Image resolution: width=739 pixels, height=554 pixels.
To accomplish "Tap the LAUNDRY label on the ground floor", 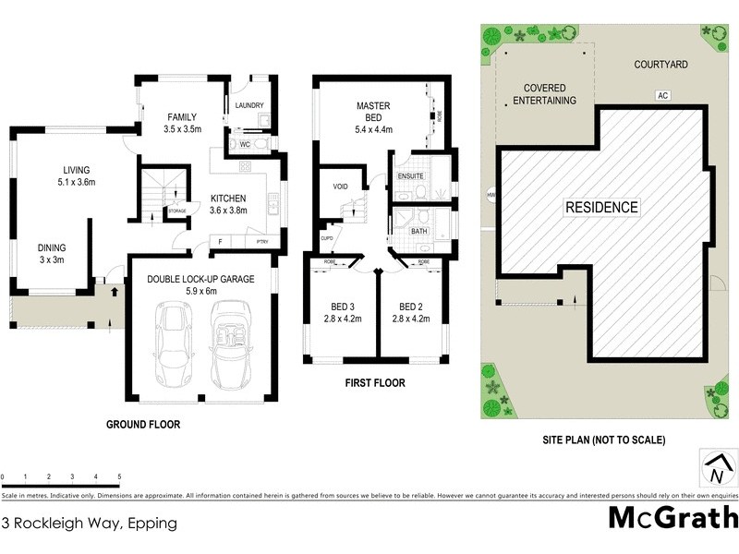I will (x=249, y=105).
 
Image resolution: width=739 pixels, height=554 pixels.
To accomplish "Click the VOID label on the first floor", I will (x=340, y=187).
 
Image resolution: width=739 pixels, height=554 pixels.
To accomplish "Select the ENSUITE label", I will (x=410, y=175).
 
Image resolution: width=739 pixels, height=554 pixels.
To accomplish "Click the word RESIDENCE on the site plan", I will (x=602, y=208).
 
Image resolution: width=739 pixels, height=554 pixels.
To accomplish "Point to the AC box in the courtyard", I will (x=662, y=95).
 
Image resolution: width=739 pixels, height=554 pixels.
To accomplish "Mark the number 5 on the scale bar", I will (x=119, y=477).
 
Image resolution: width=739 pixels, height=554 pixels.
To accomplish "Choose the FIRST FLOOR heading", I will (x=375, y=382).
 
